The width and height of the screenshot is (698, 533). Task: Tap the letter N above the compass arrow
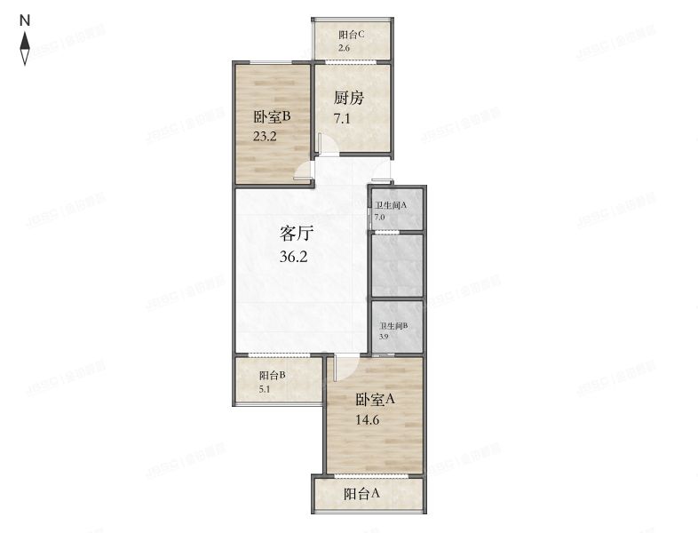(26, 19)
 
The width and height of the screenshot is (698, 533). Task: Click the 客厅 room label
(297, 235)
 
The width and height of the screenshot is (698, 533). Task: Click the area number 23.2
(266, 138)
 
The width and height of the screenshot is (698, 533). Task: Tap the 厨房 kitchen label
(349, 98)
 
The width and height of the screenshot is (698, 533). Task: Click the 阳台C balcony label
(352, 35)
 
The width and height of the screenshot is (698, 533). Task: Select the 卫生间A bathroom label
(390, 205)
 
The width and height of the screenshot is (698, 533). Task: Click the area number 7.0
(379, 217)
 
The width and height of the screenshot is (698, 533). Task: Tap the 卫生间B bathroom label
(393, 326)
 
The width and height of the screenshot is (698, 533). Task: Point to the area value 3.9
(384, 338)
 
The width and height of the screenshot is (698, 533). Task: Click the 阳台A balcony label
(362, 494)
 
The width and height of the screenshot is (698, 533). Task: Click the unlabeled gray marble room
(396, 265)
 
